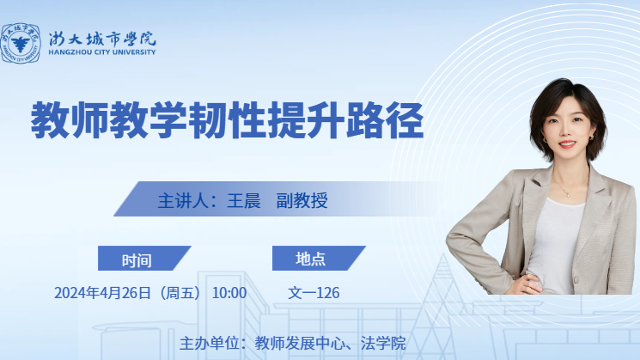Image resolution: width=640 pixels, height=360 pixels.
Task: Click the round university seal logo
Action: coord(21,43)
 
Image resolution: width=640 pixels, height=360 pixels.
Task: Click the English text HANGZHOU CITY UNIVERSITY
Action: coord(102,52)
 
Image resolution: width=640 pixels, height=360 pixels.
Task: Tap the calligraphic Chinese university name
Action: coord(102,39)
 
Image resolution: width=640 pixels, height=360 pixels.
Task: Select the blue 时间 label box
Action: coord(144,258)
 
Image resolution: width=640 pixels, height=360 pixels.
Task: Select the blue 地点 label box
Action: coord(319,258)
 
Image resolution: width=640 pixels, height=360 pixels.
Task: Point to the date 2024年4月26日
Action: coord(102,293)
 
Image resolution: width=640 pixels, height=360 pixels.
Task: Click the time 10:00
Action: coord(229,293)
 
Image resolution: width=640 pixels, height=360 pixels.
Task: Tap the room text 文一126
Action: coord(314,293)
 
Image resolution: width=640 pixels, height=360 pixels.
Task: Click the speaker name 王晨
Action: coord(244,201)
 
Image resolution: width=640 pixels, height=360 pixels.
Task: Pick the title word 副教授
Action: coord(302,201)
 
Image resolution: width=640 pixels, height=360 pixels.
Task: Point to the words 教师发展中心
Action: coord(300,344)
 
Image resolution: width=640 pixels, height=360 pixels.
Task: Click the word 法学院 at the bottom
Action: coord(383,344)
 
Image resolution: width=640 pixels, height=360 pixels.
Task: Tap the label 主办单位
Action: coord(209,344)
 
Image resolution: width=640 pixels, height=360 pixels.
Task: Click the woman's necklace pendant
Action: coord(568,195)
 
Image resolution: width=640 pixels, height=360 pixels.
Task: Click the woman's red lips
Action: coord(567,144)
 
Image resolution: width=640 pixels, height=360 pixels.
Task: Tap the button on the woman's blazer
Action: coord(576,280)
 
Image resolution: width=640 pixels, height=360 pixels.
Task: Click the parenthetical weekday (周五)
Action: coord(180,293)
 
